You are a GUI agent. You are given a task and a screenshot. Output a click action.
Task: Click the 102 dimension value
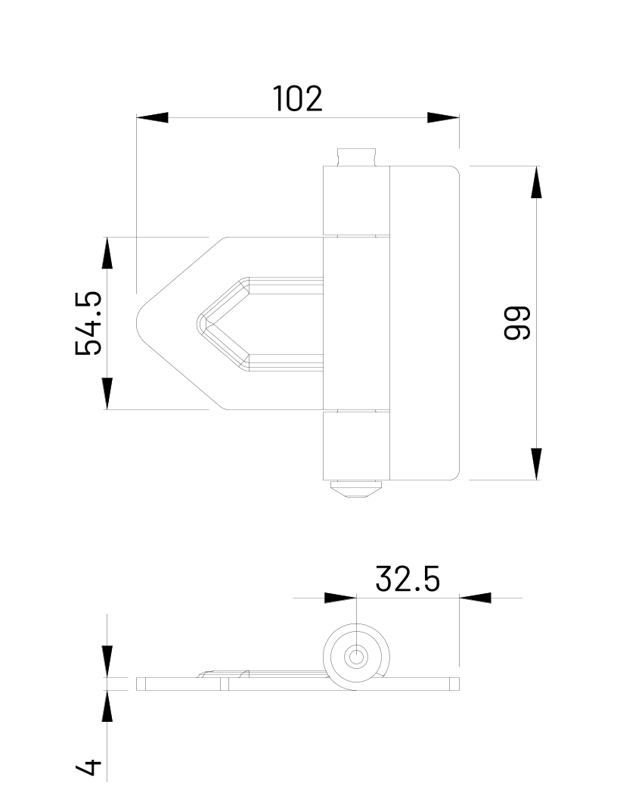coord(297,99)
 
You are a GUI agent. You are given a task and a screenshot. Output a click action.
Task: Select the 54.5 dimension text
coord(88,323)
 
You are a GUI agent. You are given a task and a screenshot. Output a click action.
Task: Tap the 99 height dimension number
coord(518,323)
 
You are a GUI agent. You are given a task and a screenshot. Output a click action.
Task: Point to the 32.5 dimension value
coord(407,580)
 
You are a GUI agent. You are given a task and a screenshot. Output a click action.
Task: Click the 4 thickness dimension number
coord(88,766)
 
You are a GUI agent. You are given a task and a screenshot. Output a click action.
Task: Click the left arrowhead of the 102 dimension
coord(152,118)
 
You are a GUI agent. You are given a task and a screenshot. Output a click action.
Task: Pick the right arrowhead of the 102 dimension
coord(443,118)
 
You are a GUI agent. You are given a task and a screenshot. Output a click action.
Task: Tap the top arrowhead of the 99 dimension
coord(536,182)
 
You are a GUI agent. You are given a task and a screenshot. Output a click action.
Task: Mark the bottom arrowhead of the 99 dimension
coord(536,464)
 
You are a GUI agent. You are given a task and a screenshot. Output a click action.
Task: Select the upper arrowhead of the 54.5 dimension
coord(107,253)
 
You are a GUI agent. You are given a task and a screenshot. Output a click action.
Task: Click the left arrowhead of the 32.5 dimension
coord(340,598)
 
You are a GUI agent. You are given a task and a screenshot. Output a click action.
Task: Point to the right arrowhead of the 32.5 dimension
coord(475,598)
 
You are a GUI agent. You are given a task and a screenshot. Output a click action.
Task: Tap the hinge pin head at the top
coord(356,157)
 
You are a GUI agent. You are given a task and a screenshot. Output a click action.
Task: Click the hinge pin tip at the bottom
coord(356,490)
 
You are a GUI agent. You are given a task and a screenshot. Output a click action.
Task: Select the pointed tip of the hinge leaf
coord(138,323)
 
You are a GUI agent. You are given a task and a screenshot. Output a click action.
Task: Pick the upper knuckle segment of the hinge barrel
coord(356,201)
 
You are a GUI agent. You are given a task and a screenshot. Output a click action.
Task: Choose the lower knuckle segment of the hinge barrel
coord(356,445)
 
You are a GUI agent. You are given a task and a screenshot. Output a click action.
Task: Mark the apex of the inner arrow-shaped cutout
coord(199,323)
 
